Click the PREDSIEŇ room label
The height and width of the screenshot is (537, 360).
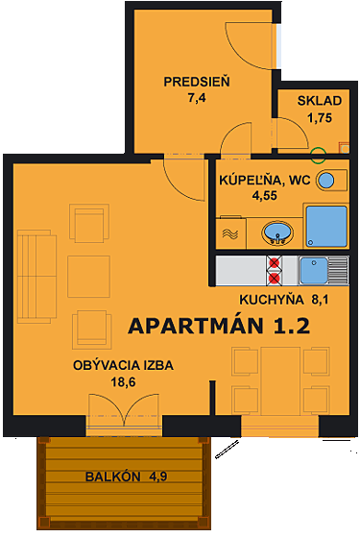[x=196, y=81]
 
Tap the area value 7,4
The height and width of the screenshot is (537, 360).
[x=196, y=97]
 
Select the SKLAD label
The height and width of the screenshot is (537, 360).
[x=316, y=102]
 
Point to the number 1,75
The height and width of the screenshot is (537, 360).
[x=319, y=118]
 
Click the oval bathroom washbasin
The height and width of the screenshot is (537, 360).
[x=278, y=232]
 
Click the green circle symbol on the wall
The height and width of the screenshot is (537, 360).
[x=319, y=152]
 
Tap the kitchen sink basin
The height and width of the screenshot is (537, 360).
[x=314, y=269]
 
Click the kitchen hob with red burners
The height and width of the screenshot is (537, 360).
[x=276, y=270]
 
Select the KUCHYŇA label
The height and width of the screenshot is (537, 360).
[x=244, y=299]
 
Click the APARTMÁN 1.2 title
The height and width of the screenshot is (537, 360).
[x=218, y=325]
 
